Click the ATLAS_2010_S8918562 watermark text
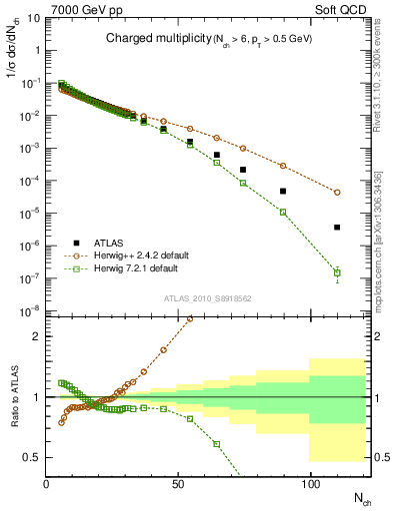pyautogui.click(x=207, y=298)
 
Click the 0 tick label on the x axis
pyautogui.click(x=47, y=484)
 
